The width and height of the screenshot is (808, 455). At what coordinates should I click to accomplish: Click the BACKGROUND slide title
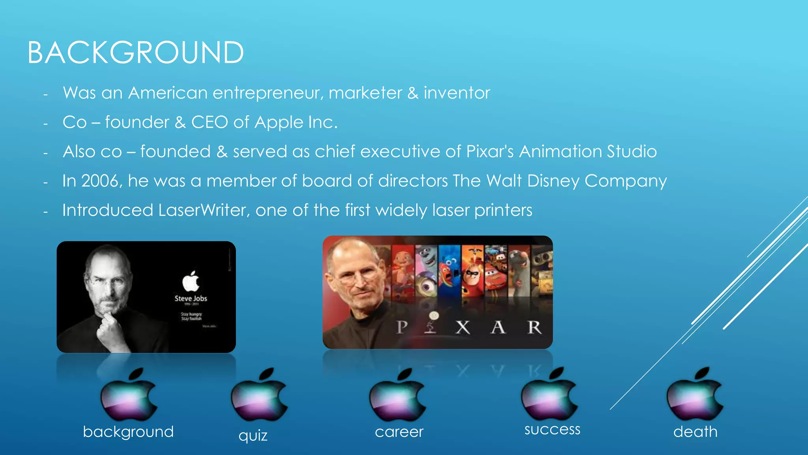tap(135, 53)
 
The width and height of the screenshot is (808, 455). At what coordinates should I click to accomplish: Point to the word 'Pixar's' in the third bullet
tap(490, 152)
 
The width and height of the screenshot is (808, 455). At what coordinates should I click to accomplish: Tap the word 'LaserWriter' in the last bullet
tap(204, 210)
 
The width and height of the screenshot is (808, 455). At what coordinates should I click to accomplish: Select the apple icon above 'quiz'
tap(259, 395)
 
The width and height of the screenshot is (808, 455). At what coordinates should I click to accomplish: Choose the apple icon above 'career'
tap(398, 395)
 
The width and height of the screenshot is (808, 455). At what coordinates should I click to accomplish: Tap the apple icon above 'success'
tap(550, 395)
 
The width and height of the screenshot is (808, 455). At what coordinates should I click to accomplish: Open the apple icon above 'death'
tap(695, 395)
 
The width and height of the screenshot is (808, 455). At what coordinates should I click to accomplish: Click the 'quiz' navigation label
tap(253, 435)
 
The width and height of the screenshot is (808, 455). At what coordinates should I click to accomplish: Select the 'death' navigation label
tap(695, 432)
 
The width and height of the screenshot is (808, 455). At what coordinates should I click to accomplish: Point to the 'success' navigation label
tap(552, 429)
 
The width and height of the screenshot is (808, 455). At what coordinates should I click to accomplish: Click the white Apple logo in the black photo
tap(191, 281)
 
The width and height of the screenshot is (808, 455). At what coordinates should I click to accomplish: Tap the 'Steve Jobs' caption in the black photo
tap(191, 299)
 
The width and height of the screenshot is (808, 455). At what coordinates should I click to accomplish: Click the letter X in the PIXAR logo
tap(463, 327)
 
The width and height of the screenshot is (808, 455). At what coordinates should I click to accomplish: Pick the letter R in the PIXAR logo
tap(534, 327)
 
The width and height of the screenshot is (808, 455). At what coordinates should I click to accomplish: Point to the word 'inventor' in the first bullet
tap(457, 93)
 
